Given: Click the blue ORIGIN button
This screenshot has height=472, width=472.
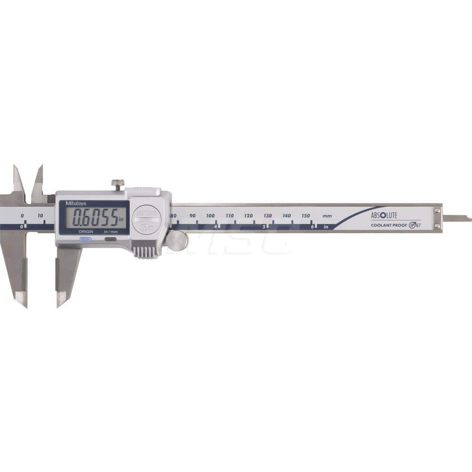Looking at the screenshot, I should [85, 239].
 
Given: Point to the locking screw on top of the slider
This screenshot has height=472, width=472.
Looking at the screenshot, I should [118, 184].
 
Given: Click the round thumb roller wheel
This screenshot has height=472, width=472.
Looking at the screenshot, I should [177, 241].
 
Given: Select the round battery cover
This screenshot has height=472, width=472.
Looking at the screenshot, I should [146, 219].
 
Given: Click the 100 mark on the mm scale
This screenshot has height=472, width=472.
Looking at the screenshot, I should [211, 216].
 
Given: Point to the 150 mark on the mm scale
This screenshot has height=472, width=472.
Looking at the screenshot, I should [306, 216].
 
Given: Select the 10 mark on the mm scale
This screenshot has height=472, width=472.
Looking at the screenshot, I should [41, 216].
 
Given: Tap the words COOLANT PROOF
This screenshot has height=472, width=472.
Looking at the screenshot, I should [389, 225].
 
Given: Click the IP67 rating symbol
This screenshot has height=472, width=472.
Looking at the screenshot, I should [414, 225].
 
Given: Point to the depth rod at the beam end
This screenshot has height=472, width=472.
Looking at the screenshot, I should [456, 218].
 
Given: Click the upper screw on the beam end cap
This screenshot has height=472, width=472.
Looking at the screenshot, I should [438, 211].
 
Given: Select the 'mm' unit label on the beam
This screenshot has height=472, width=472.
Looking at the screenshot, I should [327, 216].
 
